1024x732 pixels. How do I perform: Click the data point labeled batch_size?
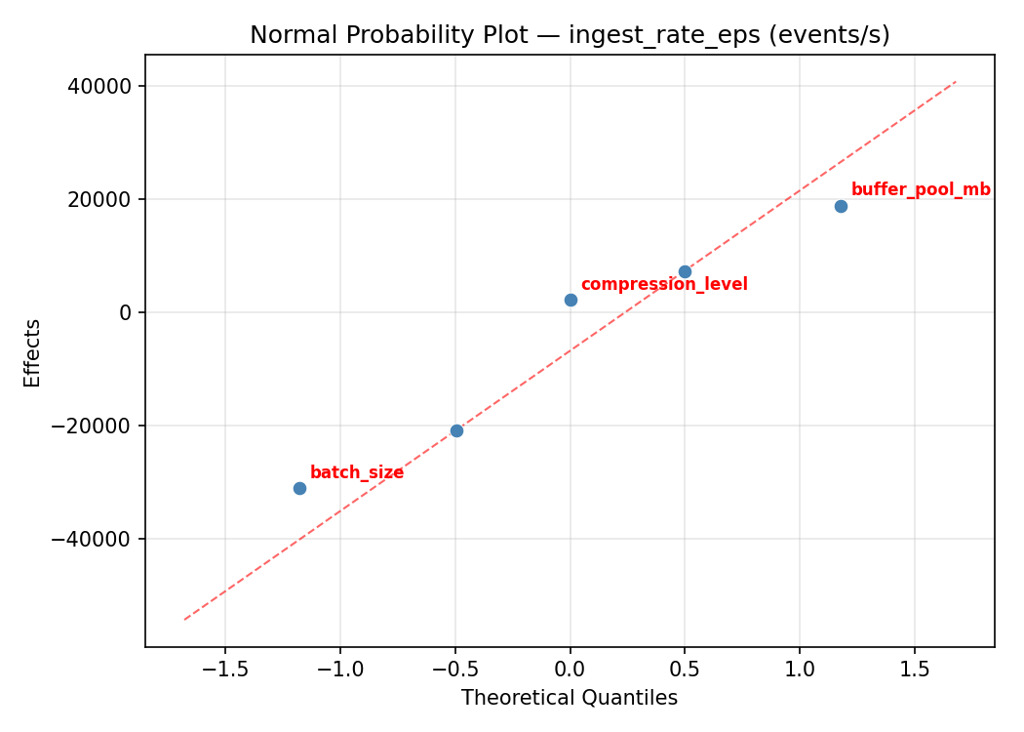pyautogui.click(x=299, y=488)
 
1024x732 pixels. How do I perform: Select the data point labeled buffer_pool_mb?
pyautogui.click(x=841, y=206)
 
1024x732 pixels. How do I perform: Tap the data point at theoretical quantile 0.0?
pyautogui.click(x=571, y=300)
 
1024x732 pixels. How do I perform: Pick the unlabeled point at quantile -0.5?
pyautogui.click(x=456, y=430)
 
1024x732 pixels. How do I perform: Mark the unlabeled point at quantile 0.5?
pyautogui.click(x=685, y=271)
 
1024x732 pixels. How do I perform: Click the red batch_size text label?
pyautogui.click(x=357, y=473)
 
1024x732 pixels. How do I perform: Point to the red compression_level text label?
pyautogui.click(x=664, y=285)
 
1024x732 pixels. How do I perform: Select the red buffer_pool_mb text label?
pyautogui.click(x=921, y=190)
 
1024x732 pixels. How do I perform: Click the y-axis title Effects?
pyautogui.click(x=33, y=352)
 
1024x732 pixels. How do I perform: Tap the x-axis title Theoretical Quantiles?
pyautogui.click(x=570, y=698)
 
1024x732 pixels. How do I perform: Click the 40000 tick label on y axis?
pyautogui.click(x=99, y=86)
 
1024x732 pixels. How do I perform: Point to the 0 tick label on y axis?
pyautogui.click(x=126, y=312)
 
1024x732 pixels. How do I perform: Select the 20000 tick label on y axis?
pyautogui.click(x=99, y=199)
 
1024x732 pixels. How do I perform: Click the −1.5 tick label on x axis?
pyautogui.click(x=224, y=670)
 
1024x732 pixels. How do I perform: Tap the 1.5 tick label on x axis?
pyautogui.click(x=914, y=670)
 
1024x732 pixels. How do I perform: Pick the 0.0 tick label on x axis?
pyautogui.click(x=571, y=670)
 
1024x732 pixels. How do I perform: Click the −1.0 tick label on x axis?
pyautogui.click(x=339, y=670)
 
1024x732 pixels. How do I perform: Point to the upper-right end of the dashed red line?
pyautogui.click(x=956, y=82)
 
